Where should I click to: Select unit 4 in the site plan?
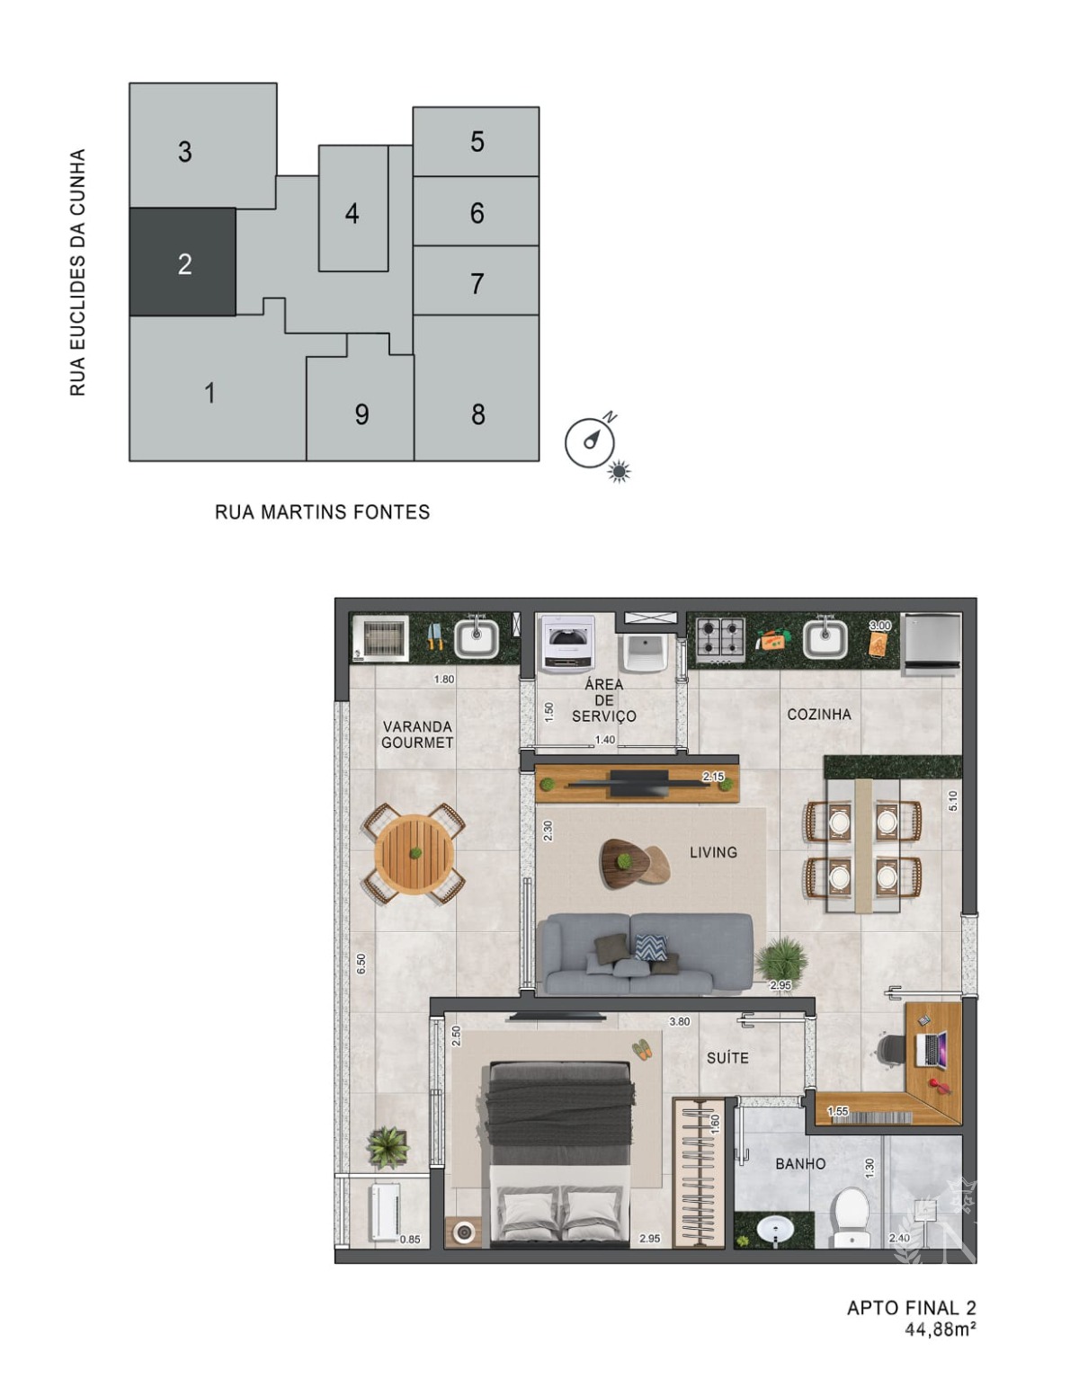pos(352,209)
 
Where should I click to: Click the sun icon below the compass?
pos(619,472)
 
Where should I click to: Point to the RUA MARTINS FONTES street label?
pos(322,512)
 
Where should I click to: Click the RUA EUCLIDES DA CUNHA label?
pos(77,272)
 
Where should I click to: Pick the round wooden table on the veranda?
pos(415,854)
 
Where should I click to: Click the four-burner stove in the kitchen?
pos(720,639)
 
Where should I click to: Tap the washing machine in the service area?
pos(568,644)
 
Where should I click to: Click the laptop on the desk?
pos(930,1049)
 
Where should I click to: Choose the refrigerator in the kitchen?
pos(931,643)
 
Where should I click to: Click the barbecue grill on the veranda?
pos(380,638)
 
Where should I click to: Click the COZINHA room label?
pos(819,715)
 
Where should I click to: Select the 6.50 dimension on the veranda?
pos(361,964)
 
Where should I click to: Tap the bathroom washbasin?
pos(775,1231)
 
